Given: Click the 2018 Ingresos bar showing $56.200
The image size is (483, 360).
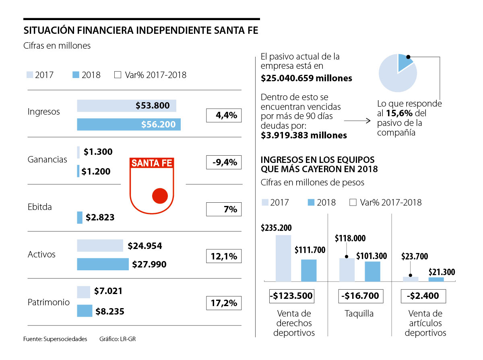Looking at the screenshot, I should point(129,124).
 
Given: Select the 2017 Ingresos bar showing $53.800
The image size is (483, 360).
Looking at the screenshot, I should point(126,106).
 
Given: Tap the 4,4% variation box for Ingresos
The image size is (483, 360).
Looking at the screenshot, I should point(223,115).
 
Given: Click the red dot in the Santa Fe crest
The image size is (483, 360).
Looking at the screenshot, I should point(160,195).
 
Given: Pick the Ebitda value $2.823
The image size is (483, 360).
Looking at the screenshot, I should point(100,218).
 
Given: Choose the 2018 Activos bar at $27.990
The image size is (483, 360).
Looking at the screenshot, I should point(103,264).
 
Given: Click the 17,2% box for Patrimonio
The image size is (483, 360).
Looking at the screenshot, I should point(223,303).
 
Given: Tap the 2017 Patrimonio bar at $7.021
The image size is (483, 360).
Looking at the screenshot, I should point(83,292).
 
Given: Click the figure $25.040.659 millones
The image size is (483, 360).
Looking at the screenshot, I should point(306,78).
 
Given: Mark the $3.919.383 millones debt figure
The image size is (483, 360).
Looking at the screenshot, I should point(304,135).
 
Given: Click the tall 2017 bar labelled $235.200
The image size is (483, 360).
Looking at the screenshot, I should point(283,258).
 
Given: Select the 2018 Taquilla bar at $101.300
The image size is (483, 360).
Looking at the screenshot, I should point(372,271).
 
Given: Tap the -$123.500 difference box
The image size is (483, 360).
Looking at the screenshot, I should point(291,296).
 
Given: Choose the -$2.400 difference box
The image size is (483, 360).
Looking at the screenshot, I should point(423,296).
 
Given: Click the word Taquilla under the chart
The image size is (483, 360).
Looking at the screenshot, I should point(359,313).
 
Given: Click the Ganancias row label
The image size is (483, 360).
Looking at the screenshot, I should point(47,159).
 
